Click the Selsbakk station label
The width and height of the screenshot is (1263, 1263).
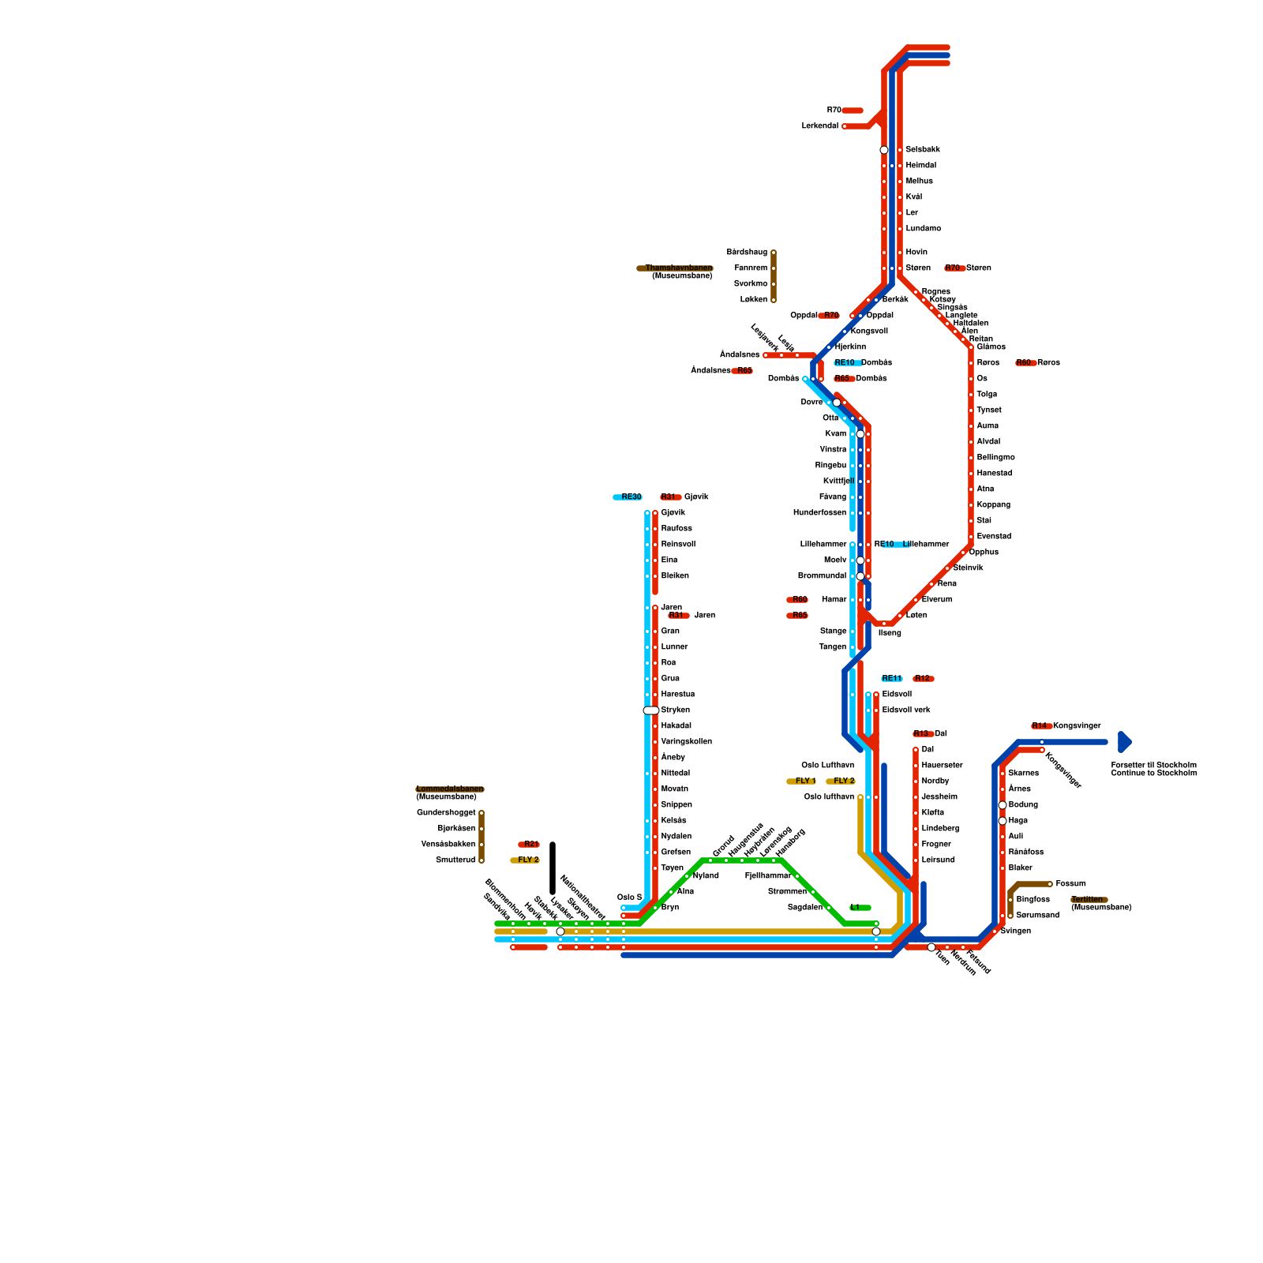click(922, 150)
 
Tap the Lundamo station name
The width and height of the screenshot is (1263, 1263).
click(923, 229)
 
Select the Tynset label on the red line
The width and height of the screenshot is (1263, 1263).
click(988, 410)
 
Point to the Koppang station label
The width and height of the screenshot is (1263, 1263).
click(993, 505)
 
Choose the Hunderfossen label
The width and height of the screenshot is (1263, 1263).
click(819, 513)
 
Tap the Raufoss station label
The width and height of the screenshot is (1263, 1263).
click(676, 529)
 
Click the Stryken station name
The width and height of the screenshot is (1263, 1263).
click(675, 710)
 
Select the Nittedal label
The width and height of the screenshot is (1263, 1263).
click(675, 774)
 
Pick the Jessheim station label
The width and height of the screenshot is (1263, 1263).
click(939, 797)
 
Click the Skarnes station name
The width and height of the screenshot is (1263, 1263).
click(1023, 774)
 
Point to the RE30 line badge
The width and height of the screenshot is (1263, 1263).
click(628, 497)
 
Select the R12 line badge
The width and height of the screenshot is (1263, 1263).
click(923, 679)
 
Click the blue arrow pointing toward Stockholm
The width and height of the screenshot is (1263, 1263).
click(1125, 742)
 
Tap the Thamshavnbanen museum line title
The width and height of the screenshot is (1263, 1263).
click(677, 268)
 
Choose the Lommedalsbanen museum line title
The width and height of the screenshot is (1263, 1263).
click(449, 789)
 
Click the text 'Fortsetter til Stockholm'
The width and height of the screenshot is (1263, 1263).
click(1153, 766)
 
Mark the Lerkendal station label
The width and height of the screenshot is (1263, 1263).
click(819, 126)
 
